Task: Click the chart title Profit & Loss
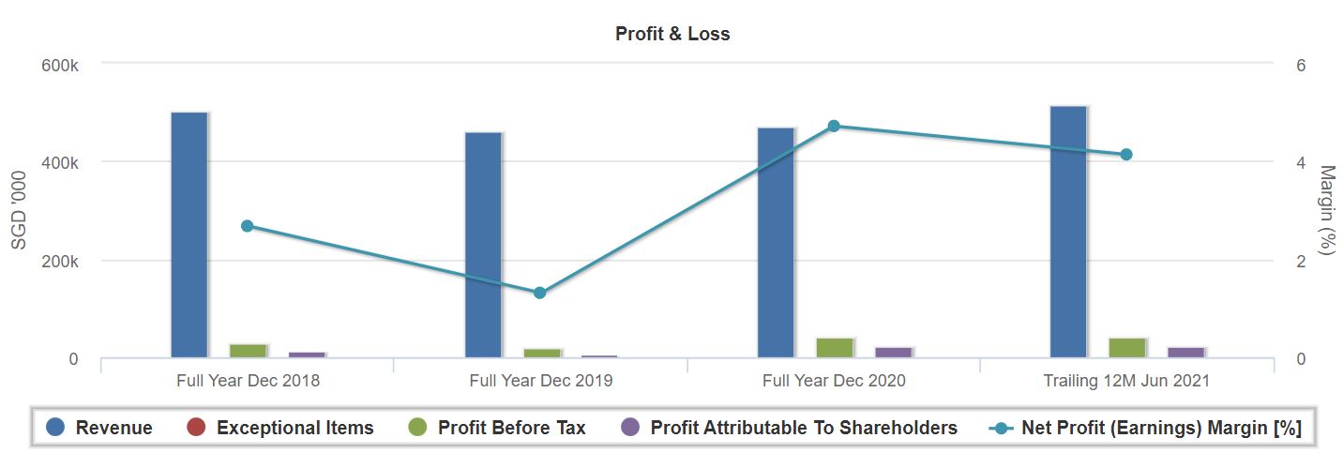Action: [x=671, y=34]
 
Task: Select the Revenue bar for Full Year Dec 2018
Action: [x=189, y=234]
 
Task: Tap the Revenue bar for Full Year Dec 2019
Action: [x=483, y=245]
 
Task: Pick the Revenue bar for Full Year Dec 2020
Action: [x=776, y=242]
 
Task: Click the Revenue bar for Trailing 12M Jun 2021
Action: [x=1068, y=232]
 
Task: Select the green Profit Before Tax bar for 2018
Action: [x=249, y=351]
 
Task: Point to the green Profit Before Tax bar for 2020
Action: [x=835, y=347]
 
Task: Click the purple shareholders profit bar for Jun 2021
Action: [x=1185, y=353]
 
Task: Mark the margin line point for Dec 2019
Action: [x=539, y=293]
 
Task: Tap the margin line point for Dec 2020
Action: [x=834, y=126]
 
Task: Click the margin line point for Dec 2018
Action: [x=248, y=226]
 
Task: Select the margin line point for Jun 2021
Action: [x=1126, y=155]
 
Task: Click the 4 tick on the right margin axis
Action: [x=1301, y=163]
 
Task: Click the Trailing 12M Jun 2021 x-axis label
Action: [x=1126, y=381]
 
